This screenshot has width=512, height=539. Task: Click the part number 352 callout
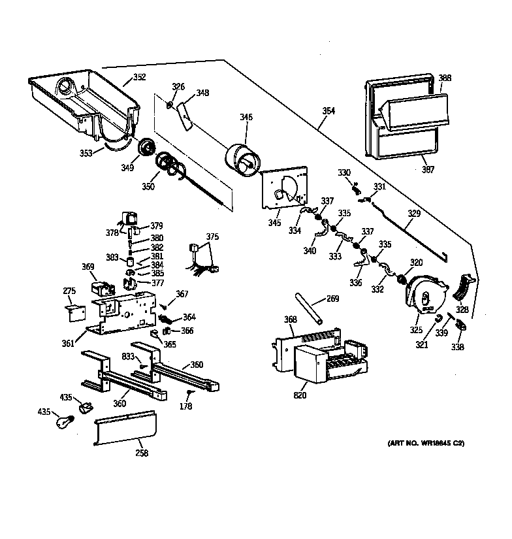click(x=139, y=77)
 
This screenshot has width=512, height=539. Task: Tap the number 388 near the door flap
click(x=445, y=78)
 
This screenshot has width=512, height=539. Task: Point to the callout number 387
click(x=428, y=170)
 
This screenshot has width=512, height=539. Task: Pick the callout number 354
click(x=328, y=111)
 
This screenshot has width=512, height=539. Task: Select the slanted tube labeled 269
click(x=310, y=308)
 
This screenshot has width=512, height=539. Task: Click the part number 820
click(x=300, y=395)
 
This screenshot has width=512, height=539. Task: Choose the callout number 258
click(x=141, y=453)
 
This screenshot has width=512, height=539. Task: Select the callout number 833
click(x=128, y=356)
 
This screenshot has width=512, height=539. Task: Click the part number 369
click(x=88, y=267)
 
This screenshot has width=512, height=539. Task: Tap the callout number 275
click(x=69, y=291)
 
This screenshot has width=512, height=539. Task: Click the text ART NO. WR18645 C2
click(x=425, y=444)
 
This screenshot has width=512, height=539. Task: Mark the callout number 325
click(x=416, y=329)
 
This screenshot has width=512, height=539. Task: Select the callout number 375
click(x=212, y=237)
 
